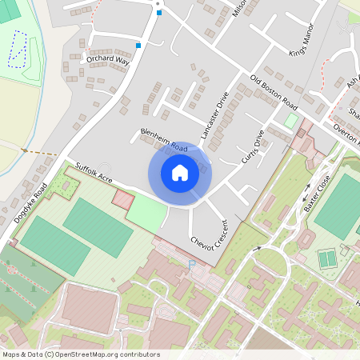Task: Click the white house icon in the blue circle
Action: [180, 172]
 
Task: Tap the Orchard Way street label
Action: [109, 60]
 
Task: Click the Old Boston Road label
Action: [274, 94]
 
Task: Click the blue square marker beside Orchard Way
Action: [139, 46]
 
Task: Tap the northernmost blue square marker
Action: [159, 13]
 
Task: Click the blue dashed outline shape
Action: [17, 48]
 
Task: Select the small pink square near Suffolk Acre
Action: [122, 198]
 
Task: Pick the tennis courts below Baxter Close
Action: [327, 259]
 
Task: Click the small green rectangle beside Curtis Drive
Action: [291, 121]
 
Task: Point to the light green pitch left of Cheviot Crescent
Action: [146, 211]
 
